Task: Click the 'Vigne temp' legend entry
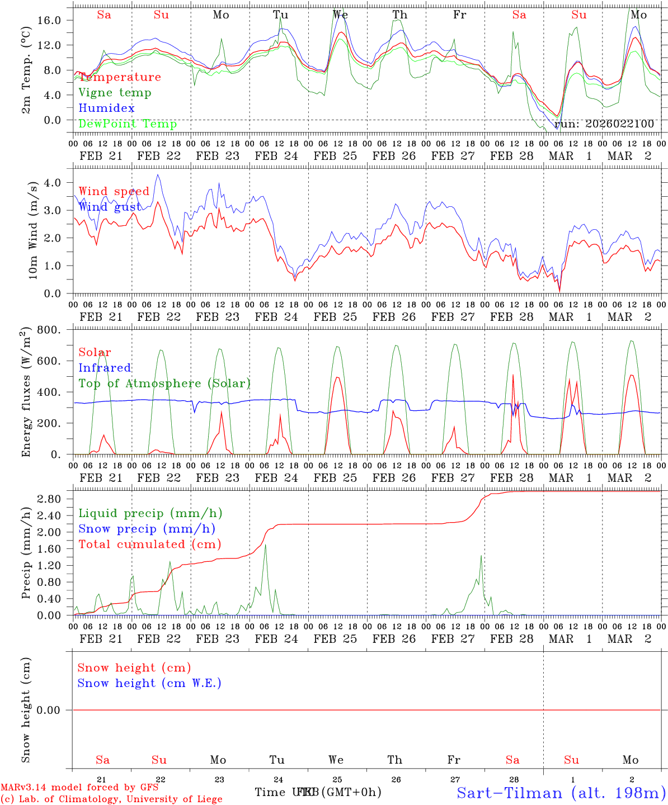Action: point(115,93)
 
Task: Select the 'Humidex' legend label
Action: point(106,108)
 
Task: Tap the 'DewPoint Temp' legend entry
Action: point(128,124)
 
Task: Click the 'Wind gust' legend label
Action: point(110,207)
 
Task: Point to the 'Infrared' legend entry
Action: point(105,368)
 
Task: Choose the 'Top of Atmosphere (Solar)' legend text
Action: point(164,383)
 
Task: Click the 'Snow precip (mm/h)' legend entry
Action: point(147,529)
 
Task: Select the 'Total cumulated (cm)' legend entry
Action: point(150,544)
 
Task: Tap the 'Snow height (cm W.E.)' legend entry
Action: point(149,683)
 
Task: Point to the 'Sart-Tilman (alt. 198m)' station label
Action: point(561,793)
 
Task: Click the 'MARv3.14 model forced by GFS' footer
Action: point(79,787)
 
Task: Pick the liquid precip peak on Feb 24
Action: point(265,544)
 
